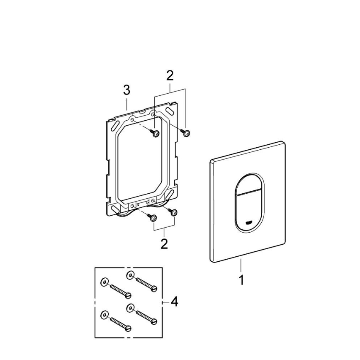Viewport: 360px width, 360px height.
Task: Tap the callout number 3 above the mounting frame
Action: [x=126, y=90]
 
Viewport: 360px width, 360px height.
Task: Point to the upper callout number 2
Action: [x=170, y=75]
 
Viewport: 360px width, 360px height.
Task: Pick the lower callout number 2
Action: [x=164, y=243]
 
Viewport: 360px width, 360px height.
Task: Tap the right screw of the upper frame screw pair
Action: [x=186, y=133]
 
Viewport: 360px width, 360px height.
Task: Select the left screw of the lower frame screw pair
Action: [x=154, y=217]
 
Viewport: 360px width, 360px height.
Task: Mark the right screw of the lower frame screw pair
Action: [x=174, y=212]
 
